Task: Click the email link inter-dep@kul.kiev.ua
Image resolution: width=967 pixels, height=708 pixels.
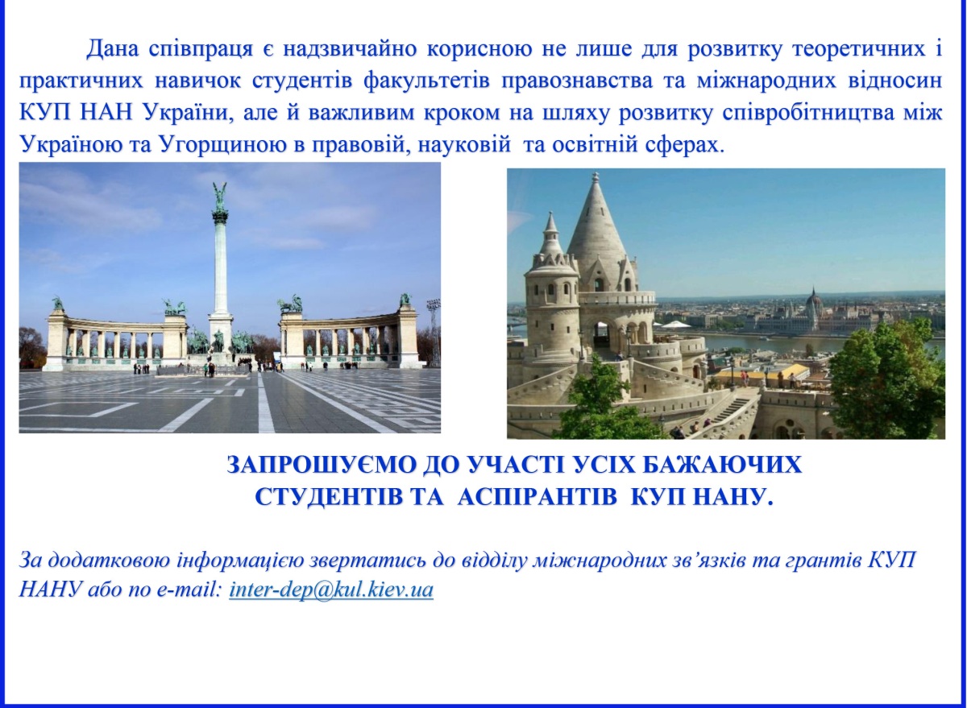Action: point(331,590)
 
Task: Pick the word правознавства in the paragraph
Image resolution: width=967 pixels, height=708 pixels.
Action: point(577,82)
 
